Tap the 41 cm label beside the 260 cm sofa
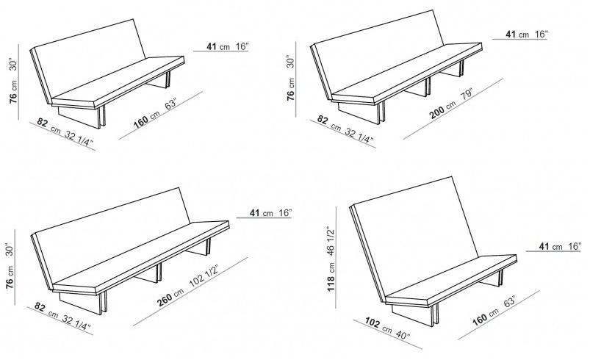[x=257, y=213]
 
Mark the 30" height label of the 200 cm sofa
[x=290, y=61]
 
